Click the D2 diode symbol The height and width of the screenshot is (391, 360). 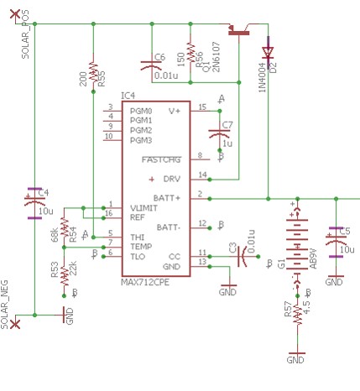point(269,52)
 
